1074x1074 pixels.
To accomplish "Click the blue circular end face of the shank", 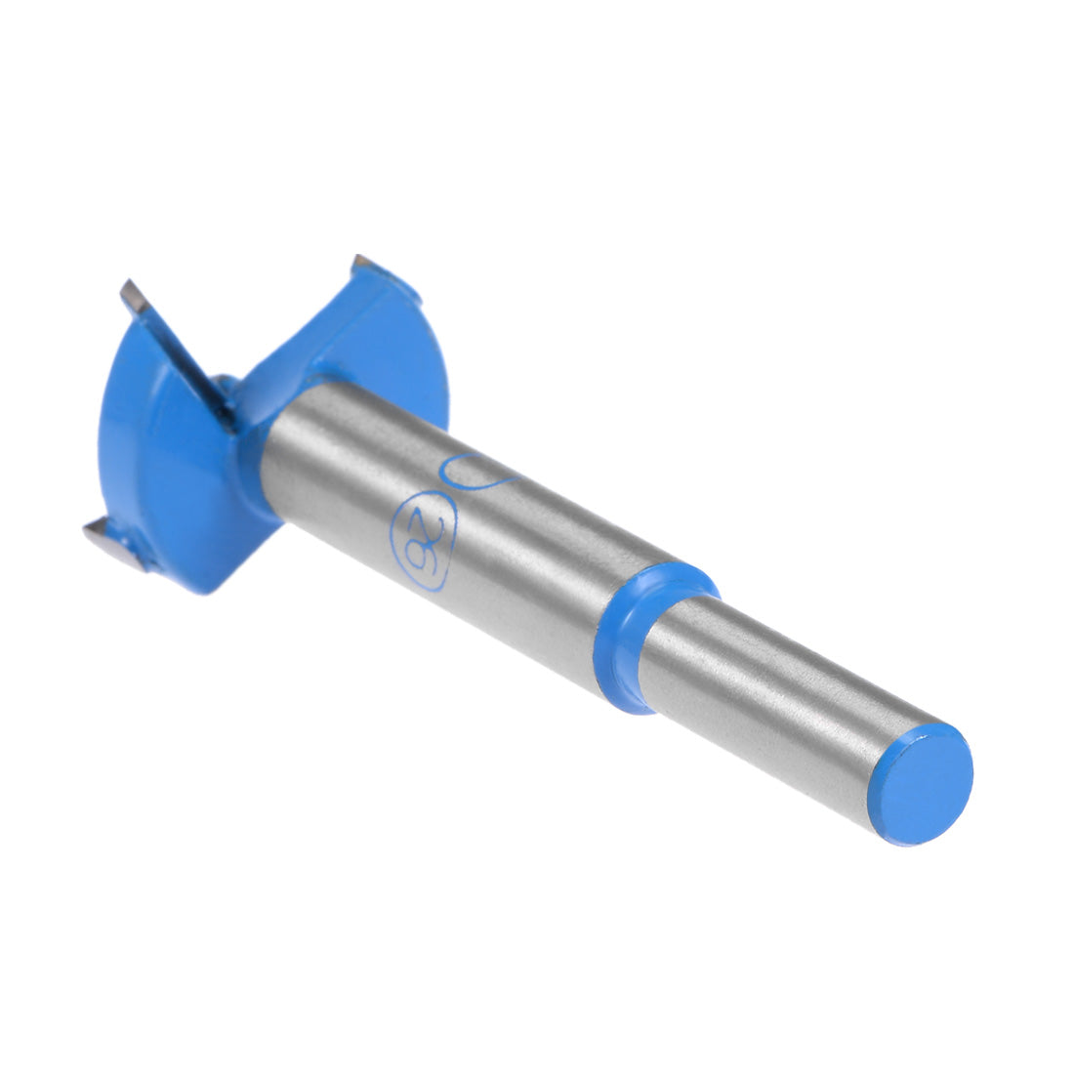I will pos(920,784).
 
